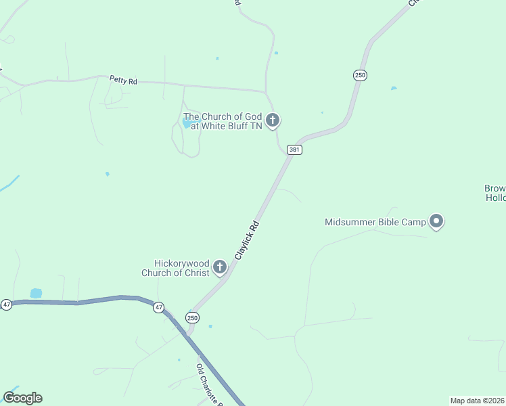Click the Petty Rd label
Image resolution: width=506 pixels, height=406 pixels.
coord(123,81)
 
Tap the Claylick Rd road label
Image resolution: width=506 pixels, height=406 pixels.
coord(247,240)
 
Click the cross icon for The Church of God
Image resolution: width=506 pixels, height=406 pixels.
coord(273,121)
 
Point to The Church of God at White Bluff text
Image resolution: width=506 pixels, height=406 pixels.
coord(222,121)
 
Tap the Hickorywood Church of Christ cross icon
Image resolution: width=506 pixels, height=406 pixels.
coord(219,267)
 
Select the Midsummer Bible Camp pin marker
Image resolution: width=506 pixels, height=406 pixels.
coord(437,221)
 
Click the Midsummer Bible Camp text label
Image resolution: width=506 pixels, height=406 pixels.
coord(375,222)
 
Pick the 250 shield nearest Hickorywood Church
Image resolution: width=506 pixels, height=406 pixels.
coord(193,317)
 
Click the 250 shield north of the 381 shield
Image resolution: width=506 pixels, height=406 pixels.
coord(360,75)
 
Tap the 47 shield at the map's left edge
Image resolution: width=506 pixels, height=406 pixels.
coord(6,304)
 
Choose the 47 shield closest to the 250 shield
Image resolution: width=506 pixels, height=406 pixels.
coord(158,307)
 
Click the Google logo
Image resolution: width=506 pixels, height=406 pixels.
coord(22,398)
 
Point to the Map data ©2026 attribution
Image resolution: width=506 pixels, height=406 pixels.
coord(478,401)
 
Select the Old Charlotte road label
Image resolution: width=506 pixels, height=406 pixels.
coord(210,384)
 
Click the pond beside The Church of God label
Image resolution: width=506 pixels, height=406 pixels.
coord(187,124)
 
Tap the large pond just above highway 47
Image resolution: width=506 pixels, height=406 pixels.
coord(36,293)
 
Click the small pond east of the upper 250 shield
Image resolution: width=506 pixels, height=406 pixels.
coord(394,88)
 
